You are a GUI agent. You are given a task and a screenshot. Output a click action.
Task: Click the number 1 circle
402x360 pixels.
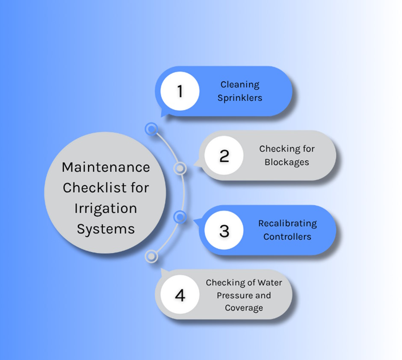click(180, 91)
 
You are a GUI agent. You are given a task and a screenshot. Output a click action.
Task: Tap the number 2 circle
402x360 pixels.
click(224, 156)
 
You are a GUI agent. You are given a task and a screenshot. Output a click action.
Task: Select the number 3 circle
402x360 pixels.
click(224, 230)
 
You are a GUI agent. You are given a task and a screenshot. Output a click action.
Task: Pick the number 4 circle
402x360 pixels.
click(180, 295)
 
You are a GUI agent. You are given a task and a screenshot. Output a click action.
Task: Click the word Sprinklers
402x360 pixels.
click(240, 98)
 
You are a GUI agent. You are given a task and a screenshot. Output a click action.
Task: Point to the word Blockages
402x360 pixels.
click(287, 162)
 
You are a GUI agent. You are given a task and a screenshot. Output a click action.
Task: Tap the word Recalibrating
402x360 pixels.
click(287, 224)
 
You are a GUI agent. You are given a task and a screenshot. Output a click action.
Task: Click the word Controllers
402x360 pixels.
click(287, 236)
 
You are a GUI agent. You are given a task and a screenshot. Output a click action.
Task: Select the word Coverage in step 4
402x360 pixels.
click(244, 308)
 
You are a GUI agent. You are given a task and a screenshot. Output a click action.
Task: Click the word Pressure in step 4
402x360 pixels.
click(234, 295)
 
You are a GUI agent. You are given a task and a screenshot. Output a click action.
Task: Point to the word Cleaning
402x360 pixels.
click(240, 85)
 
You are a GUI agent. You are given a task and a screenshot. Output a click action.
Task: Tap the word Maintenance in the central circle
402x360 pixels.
click(106, 167)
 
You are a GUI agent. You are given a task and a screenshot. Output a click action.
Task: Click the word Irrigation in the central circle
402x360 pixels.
click(106, 209)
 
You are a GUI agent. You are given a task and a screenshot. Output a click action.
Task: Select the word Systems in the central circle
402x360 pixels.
click(106, 229)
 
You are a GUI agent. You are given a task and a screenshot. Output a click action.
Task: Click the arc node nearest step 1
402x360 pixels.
click(151, 129)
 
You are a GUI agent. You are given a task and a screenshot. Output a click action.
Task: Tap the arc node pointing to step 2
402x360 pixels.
click(180, 168)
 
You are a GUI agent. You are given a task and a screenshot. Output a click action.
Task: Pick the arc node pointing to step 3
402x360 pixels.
click(180, 217)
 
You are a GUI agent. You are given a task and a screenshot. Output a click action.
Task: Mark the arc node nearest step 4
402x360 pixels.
click(151, 257)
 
